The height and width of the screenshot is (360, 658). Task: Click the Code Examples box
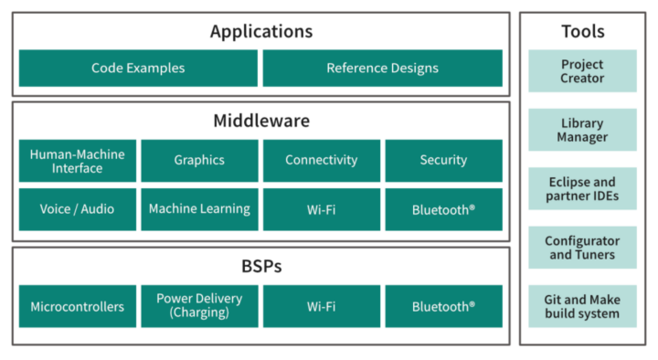pos(138,69)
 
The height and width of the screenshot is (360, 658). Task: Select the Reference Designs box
pos(382,69)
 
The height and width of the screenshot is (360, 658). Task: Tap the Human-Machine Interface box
pos(78,161)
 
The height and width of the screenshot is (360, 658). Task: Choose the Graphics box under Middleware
pos(199,161)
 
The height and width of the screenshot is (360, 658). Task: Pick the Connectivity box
pos(321,161)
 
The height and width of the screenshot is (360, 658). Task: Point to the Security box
pos(443,161)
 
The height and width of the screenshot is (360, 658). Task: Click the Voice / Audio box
pos(78,209)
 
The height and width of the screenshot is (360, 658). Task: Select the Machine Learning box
pos(199,209)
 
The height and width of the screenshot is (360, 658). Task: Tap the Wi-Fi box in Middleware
pos(321,209)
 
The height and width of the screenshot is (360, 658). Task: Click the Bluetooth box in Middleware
pos(443,209)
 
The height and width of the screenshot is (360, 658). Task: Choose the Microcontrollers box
pos(78,306)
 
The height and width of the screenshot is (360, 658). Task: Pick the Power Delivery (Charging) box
pos(199,306)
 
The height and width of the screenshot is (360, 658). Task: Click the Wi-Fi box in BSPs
pos(321,306)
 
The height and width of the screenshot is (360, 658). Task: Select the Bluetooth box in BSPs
pos(443,306)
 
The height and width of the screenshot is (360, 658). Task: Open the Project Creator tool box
pos(582,71)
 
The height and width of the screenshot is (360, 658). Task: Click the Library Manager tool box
pos(582,130)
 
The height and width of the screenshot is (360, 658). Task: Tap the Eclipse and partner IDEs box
pos(582,189)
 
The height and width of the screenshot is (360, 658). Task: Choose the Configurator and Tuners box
pos(582,248)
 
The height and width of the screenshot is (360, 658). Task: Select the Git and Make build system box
pos(582,307)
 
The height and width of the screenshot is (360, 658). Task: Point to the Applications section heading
pos(260,32)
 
